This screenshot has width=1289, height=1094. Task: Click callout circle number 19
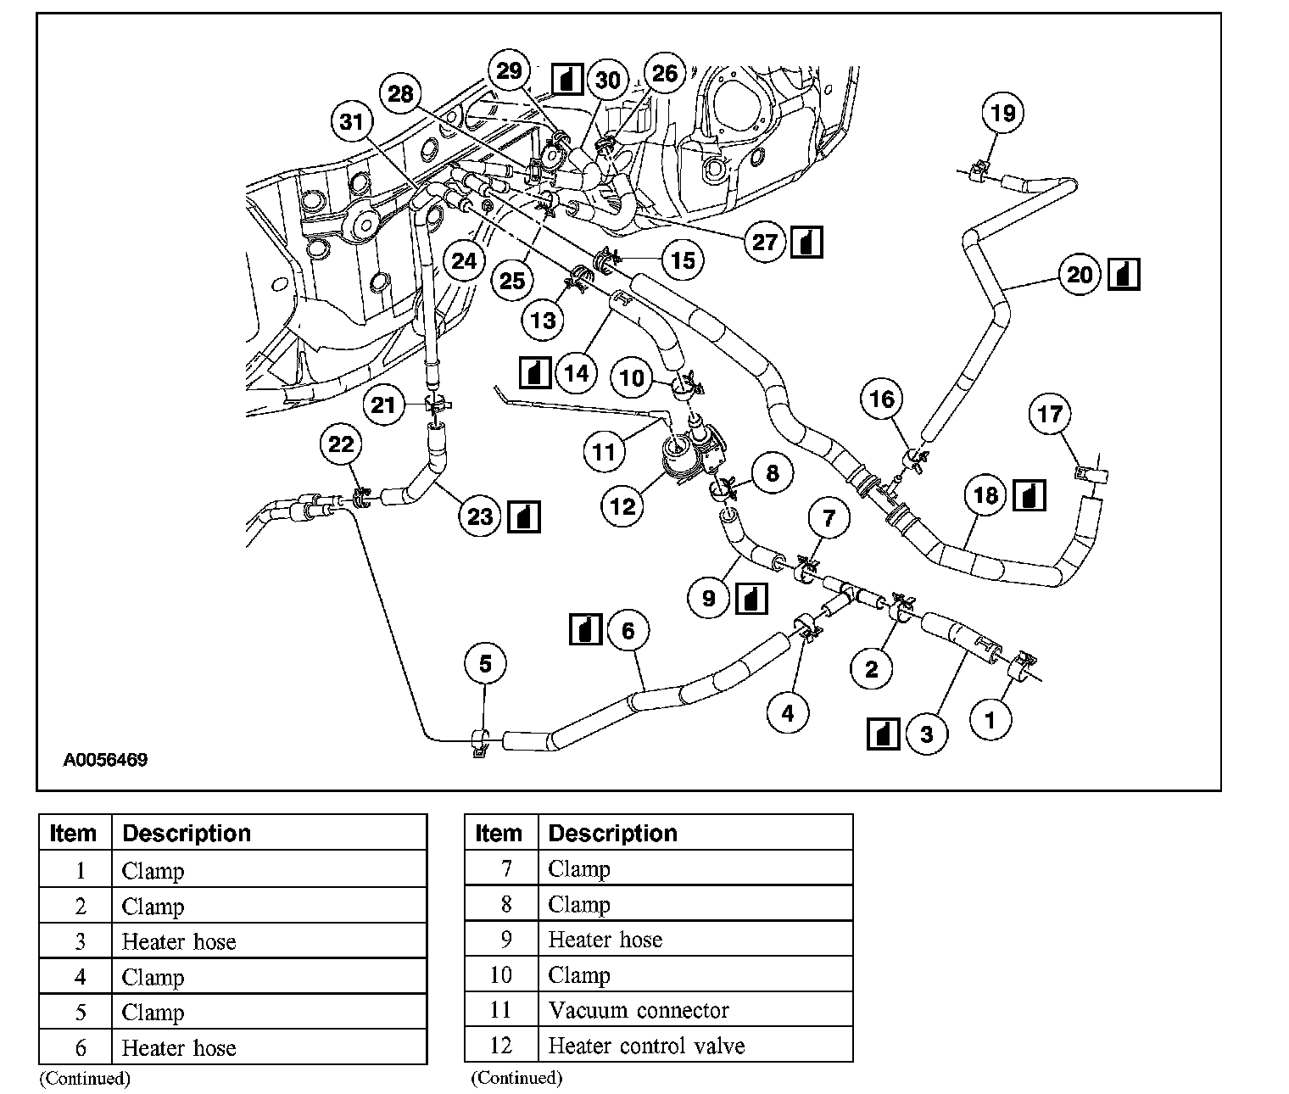[1002, 113]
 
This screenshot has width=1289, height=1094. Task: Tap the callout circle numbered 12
[623, 506]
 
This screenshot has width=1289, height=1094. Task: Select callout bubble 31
[352, 122]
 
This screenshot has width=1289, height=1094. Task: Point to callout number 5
[485, 663]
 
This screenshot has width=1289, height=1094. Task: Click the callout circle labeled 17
[1050, 414]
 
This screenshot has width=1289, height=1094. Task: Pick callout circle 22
[341, 444]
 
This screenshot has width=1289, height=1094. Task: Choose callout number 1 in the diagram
[989, 720]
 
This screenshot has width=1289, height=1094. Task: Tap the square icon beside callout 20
[1124, 274]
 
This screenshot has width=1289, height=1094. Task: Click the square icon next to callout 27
[806, 243]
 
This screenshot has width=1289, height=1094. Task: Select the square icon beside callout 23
[522, 516]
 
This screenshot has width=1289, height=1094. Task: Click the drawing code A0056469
[105, 760]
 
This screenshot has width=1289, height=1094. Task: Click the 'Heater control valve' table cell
[646, 1046]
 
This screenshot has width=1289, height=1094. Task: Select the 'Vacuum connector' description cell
[638, 1010]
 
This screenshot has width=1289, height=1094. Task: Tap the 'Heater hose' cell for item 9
[605, 940]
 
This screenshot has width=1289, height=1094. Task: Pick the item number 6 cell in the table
[80, 1047]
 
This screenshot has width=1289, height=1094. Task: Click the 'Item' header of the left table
[73, 833]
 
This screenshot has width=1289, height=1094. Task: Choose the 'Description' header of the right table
[612, 833]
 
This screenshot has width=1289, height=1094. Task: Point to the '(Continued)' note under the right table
[516, 1078]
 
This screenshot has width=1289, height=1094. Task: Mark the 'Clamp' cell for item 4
[153, 977]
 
